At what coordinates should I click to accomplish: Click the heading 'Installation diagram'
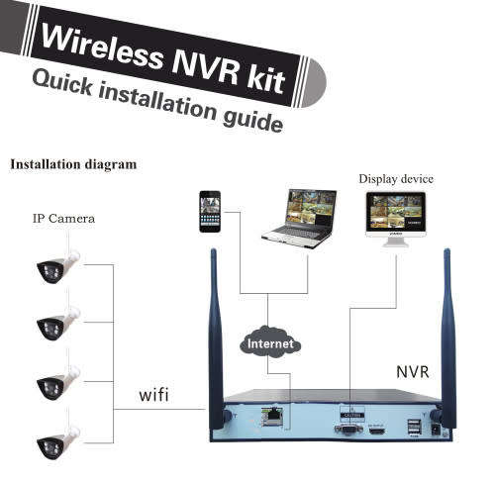[73, 164]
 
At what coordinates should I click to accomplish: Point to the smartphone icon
[209, 211]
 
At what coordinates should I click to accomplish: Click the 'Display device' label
[396, 179]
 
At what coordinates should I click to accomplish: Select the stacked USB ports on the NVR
[415, 428]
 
